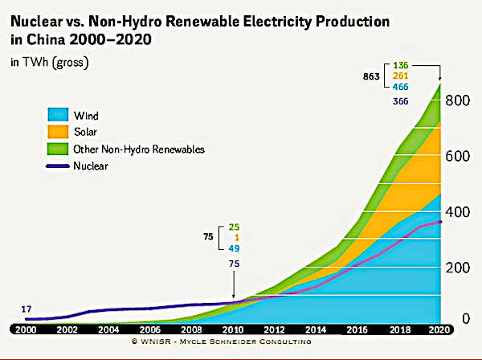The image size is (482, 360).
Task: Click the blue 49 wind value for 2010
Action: click(235, 248)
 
